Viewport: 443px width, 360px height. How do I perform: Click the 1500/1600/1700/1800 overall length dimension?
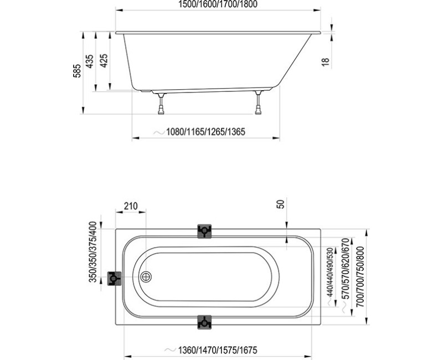[218, 4]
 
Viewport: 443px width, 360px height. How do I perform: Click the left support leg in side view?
[161, 104]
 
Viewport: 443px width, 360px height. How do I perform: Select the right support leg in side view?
[257, 104]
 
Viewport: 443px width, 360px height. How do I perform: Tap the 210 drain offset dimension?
[130, 206]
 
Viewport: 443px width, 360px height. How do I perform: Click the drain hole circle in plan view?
[146, 277]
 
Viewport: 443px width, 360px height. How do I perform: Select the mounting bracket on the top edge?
[204, 231]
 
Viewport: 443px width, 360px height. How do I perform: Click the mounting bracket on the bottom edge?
[204, 322]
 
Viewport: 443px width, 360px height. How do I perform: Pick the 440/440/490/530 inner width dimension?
[331, 273]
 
